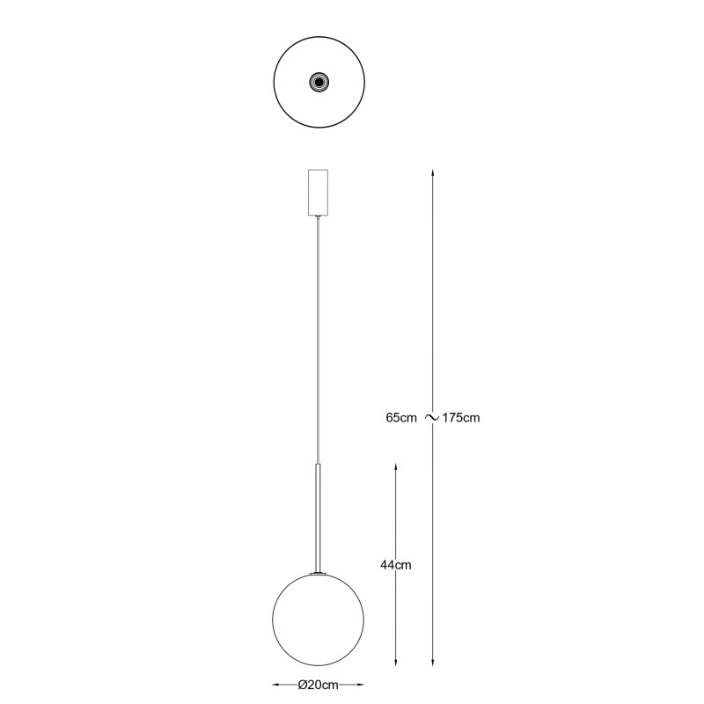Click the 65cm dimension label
point(401,418)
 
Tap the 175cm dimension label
point(461,418)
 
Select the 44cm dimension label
point(395,565)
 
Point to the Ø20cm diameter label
point(318,686)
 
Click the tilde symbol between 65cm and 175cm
point(431,418)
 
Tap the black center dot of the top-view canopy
point(319,82)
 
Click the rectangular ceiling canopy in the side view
point(318,192)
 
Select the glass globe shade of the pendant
point(319,620)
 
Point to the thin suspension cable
point(319,341)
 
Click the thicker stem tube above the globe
point(319,518)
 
